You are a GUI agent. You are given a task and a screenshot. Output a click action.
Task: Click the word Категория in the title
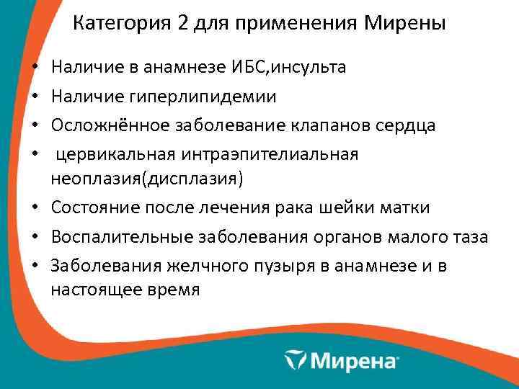tap(119, 24)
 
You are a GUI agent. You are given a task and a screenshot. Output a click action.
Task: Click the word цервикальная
tap(114, 153)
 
